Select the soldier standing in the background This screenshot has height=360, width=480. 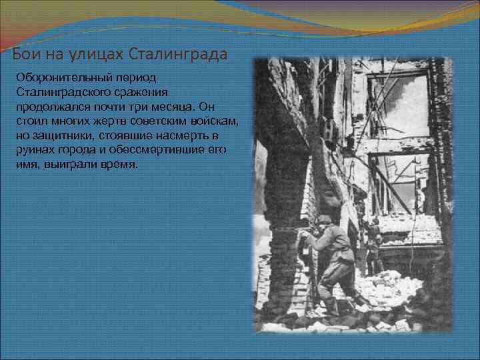coord(373,243)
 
